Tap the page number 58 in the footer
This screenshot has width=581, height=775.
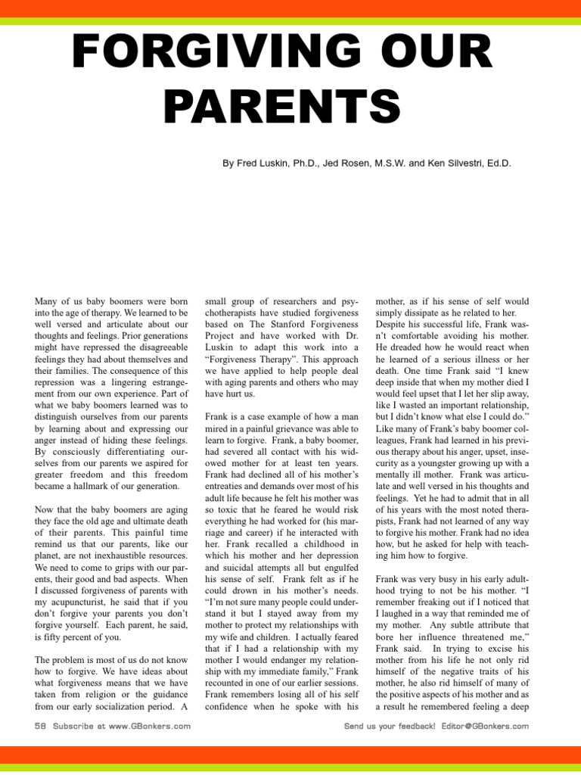coord(41,727)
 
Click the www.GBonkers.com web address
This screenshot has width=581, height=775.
coord(148,727)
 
